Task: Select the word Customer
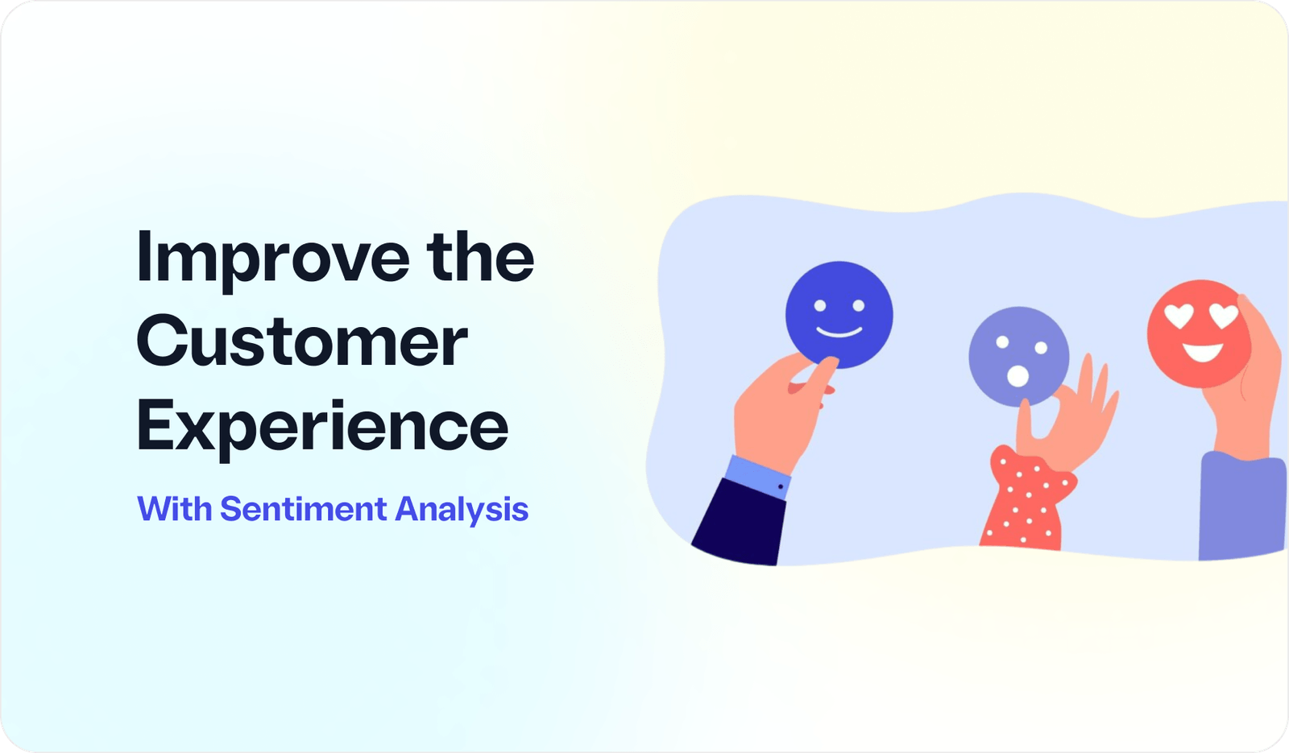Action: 302,341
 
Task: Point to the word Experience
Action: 322,427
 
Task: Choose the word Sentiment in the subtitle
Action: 304,509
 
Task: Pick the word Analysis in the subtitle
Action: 462,510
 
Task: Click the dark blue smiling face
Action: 839,314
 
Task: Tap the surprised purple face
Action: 1018,355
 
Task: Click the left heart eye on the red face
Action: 1179,317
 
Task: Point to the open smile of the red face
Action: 1203,351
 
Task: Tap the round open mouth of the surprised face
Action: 1018,375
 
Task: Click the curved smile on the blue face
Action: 839,331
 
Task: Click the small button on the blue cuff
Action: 781,486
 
